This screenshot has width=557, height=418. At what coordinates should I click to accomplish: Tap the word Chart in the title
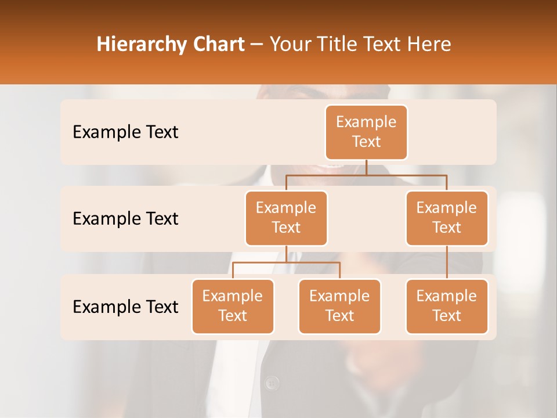pyautogui.click(x=216, y=44)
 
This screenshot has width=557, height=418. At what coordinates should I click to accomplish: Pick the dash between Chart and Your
pyautogui.click(x=257, y=45)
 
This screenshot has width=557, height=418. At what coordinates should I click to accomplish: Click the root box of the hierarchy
pyautogui.click(x=366, y=132)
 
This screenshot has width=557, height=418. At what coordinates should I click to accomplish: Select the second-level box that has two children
pyautogui.click(x=286, y=218)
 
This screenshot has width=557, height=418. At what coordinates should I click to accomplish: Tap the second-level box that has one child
pyautogui.click(x=447, y=218)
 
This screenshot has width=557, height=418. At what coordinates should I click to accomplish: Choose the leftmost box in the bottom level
pyautogui.click(x=233, y=306)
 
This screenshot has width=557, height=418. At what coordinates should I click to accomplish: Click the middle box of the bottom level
pyautogui.click(x=339, y=306)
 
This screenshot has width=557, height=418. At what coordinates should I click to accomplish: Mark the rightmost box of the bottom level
pyautogui.click(x=447, y=306)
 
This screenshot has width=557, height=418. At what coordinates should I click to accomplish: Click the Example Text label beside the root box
pyautogui.click(x=125, y=132)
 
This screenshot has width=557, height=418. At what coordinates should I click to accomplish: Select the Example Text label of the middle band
pyautogui.click(x=125, y=219)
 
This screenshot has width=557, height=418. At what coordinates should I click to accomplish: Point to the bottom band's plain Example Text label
pyautogui.click(x=125, y=307)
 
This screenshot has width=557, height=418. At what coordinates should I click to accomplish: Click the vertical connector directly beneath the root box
pyautogui.click(x=366, y=167)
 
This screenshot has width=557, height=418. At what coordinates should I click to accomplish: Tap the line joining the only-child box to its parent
pyautogui.click(x=447, y=262)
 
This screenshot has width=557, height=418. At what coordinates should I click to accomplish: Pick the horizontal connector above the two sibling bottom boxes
pyautogui.click(x=286, y=262)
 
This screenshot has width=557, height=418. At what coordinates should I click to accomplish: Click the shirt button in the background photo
pyautogui.click(x=272, y=383)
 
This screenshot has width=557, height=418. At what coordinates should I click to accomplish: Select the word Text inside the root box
pyautogui.click(x=366, y=142)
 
